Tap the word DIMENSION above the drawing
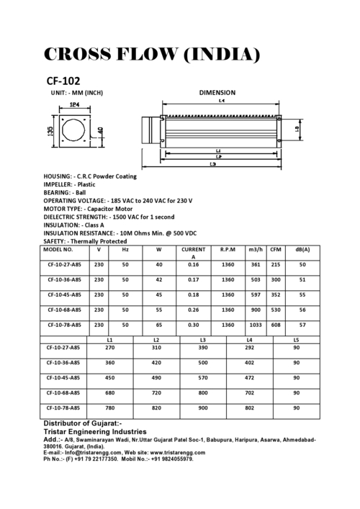[217, 93]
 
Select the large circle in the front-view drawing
[73, 130]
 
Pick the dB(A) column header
[302, 249]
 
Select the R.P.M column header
[228, 249]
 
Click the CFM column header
[275, 249]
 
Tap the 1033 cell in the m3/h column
[255, 325]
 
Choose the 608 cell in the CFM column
[275, 325]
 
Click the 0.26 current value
[193, 310]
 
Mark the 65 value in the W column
[158, 325]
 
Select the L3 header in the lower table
[203, 339]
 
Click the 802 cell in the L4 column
[249, 408]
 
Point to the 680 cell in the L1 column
[110, 393]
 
